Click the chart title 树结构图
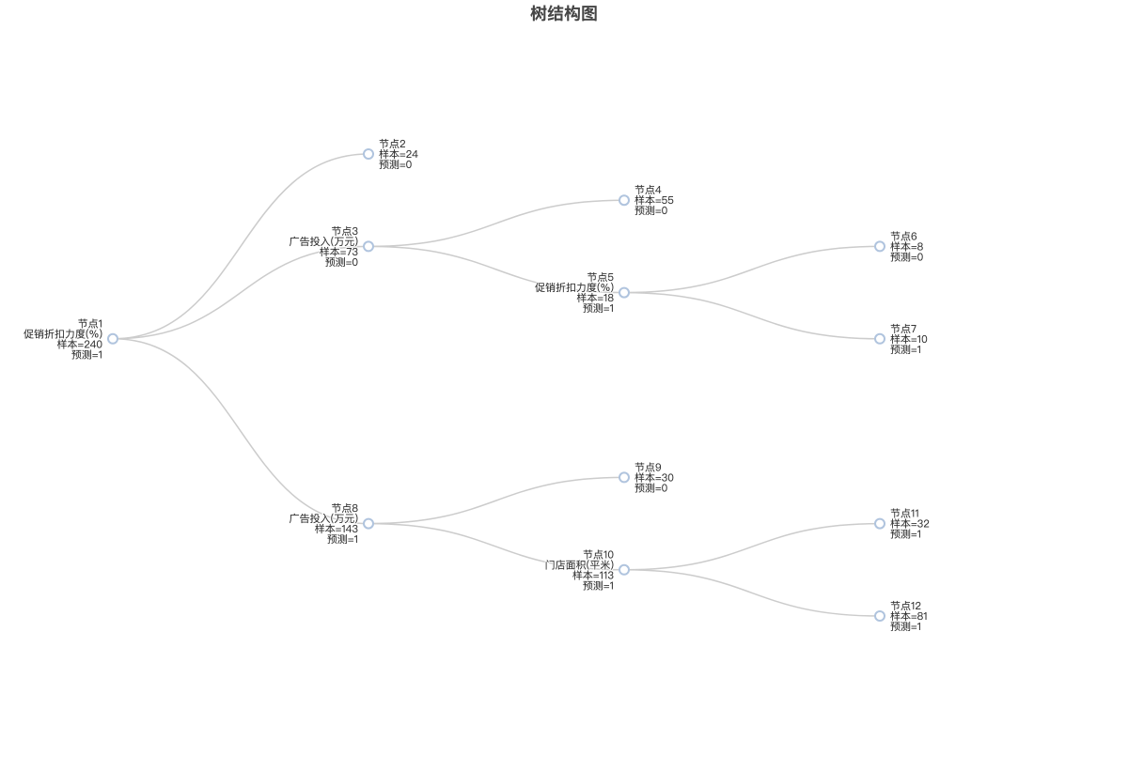click(x=563, y=13)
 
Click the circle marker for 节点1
click(x=113, y=339)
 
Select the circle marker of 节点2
click(x=368, y=154)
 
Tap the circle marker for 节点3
click(x=368, y=246)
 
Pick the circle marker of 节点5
click(x=624, y=293)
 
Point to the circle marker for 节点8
click(x=368, y=524)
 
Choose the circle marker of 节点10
click(x=624, y=570)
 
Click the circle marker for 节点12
click(x=880, y=616)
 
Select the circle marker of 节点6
click(x=880, y=246)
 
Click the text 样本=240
click(x=80, y=345)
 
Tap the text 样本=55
click(x=654, y=200)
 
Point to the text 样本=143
click(x=337, y=529)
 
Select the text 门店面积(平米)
click(x=579, y=564)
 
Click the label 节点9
click(x=648, y=468)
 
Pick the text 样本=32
click(x=910, y=524)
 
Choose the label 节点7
click(x=903, y=329)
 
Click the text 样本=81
click(x=909, y=616)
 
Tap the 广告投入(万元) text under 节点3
click(x=323, y=241)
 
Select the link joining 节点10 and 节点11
click(x=752, y=547)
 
